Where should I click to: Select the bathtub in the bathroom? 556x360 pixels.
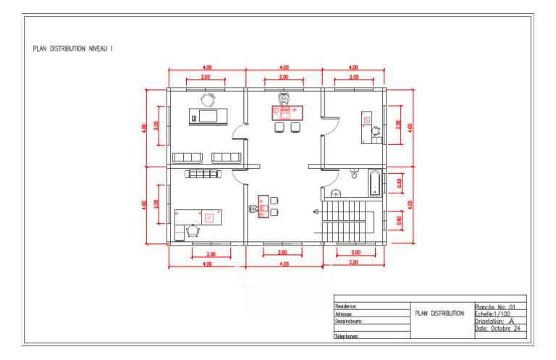[374, 183]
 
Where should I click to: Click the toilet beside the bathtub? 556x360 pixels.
[354, 174]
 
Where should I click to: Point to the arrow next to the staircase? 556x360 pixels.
[316, 212]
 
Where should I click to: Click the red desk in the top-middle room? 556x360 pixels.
[287, 112]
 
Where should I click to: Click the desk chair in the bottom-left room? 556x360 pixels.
[193, 230]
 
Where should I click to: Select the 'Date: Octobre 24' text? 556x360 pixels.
[498, 328]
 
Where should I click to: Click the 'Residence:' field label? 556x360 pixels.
[347, 307]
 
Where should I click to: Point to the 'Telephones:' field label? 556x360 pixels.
[348, 336]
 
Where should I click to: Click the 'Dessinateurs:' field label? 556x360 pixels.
[349, 321]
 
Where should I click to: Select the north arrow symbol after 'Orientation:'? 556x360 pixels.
[512, 321]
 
